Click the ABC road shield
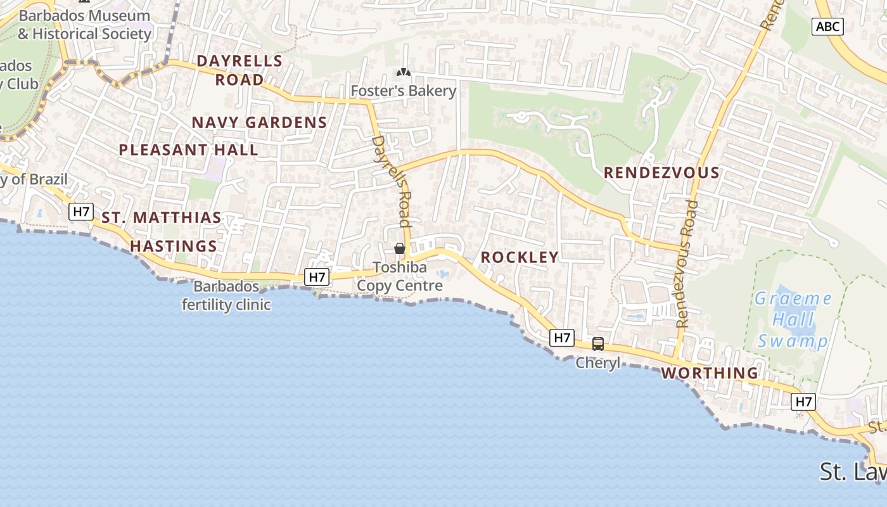pyautogui.click(x=827, y=26)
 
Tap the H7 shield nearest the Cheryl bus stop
pyautogui.click(x=563, y=338)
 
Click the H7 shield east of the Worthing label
pyautogui.click(x=803, y=401)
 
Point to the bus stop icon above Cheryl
pyautogui.click(x=597, y=344)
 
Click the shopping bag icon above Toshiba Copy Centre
pyautogui.click(x=400, y=248)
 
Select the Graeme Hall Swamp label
pyautogui.click(x=793, y=319)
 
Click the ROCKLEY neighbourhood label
pyautogui.click(x=520, y=257)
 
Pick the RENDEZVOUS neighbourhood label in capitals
pyautogui.click(x=661, y=172)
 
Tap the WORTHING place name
pyautogui.click(x=710, y=373)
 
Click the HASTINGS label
pyautogui.click(x=174, y=246)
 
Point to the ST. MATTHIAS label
pyautogui.click(x=162, y=218)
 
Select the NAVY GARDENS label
pyautogui.click(x=259, y=122)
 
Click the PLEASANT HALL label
pyautogui.click(x=189, y=150)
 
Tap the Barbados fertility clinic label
pyautogui.click(x=226, y=295)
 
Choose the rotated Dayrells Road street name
pyautogui.click(x=392, y=181)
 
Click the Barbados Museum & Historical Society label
pyautogui.click(x=84, y=25)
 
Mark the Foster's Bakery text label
pyautogui.click(x=403, y=91)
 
